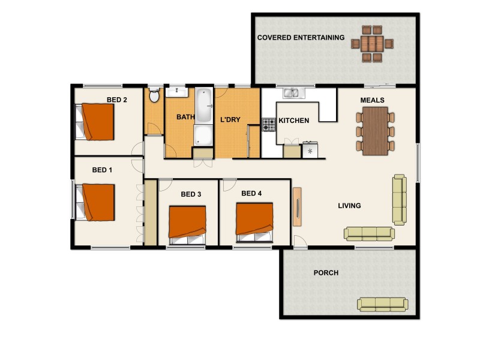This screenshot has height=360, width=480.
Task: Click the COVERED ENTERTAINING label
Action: (x=301, y=38)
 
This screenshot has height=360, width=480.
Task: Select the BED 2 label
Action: (x=117, y=100)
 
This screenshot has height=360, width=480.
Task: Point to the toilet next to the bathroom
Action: (x=154, y=96)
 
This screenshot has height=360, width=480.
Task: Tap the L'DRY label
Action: (x=230, y=119)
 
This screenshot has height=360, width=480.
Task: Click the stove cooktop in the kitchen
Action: (x=268, y=125)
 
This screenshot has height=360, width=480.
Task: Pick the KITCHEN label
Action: (x=294, y=121)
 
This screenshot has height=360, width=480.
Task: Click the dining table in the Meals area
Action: (x=376, y=131)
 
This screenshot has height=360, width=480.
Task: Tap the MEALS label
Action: (x=372, y=100)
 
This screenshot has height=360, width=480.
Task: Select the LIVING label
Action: (x=349, y=206)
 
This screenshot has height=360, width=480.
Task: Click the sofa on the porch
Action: (x=383, y=304)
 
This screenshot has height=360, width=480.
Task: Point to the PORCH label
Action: (x=326, y=273)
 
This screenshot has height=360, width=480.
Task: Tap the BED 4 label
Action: (x=251, y=193)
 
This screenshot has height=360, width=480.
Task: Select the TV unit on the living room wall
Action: (x=297, y=206)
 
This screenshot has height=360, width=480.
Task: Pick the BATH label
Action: (x=185, y=118)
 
